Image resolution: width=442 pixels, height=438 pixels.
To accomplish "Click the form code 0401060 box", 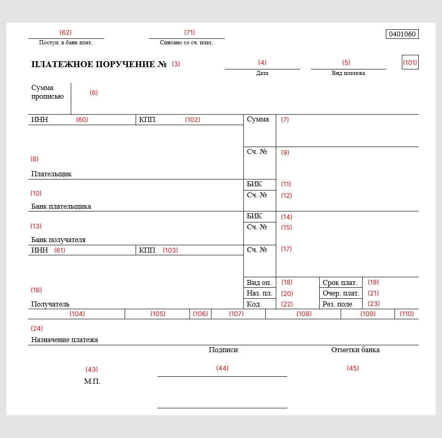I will [402, 34].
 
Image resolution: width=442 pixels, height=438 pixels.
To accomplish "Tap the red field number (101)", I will [410, 63].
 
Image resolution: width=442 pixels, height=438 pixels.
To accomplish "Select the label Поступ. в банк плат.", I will [66, 42].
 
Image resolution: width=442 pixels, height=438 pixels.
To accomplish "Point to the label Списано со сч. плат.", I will [186, 42].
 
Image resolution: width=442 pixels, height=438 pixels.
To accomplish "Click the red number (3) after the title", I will [176, 64].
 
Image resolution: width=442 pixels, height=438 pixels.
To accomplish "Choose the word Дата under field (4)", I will [262, 73].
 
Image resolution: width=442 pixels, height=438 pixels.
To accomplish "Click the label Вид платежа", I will [348, 73].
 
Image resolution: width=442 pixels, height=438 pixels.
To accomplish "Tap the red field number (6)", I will [94, 93].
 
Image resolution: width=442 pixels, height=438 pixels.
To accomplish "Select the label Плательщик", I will [52, 174].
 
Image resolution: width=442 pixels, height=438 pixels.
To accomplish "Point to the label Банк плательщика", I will [61, 206].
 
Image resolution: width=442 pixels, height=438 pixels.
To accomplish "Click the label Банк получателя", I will [58, 240].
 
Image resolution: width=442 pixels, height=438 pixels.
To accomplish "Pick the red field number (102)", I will [192, 120].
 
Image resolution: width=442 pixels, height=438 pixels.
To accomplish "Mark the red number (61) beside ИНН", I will [59, 250].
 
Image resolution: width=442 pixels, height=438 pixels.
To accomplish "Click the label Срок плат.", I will [340, 283].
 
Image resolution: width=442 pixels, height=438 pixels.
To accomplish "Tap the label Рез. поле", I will [337, 304].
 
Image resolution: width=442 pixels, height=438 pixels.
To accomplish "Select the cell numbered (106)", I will [200, 314].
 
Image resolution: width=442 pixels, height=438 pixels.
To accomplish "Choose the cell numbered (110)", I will [406, 314].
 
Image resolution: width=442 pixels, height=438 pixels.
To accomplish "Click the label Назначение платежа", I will [65, 340].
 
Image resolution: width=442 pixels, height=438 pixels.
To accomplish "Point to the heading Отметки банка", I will [355, 350].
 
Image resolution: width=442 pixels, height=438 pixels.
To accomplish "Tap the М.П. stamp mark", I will [92, 381].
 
